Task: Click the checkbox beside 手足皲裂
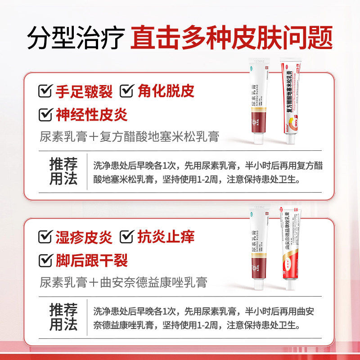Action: coord(45,91)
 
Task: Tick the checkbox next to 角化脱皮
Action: coord(127,91)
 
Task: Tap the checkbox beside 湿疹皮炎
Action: coord(45,237)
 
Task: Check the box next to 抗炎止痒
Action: coord(127,237)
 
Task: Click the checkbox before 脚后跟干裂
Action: coord(45,260)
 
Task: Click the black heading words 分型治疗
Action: coord(75,38)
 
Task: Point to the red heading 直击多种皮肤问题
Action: coord(232,38)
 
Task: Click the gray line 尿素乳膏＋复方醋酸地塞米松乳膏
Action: coord(130,136)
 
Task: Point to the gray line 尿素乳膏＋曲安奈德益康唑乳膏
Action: coord(124,282)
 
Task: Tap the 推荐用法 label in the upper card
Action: coord(63,171)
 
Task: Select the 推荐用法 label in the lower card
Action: coord(63,317)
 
